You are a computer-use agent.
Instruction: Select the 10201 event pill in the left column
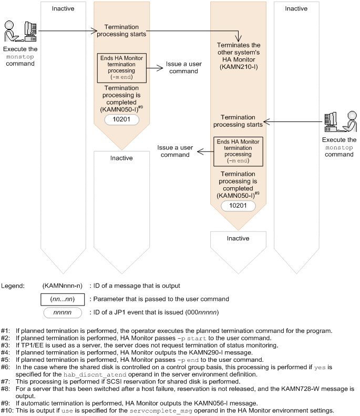click(x=121, y=120)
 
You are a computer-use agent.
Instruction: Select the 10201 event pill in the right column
click(x=238, y=206)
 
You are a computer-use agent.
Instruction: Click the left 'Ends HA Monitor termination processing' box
click(x=121, y=67)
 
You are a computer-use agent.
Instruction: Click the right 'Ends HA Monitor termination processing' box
click(x=238, y=151)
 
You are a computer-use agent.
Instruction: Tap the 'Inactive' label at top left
click(x=64, y=8)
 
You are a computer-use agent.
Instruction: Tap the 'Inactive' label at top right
click(x=296, y=8)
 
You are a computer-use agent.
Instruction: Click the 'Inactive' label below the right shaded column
click(x=238, y=238)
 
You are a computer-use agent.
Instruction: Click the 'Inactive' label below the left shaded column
click(x=121, y=158)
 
